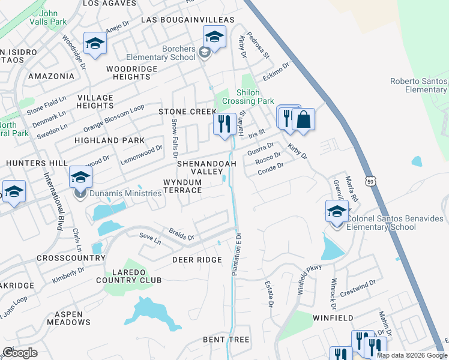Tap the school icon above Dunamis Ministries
80,177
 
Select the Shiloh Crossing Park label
247,97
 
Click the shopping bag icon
304,119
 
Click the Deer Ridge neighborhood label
197,260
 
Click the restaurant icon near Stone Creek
224,125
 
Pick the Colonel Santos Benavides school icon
337,211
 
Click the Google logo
20,353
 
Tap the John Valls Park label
55,16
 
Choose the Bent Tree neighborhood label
226,340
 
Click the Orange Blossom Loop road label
113,118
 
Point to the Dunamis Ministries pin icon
79,194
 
